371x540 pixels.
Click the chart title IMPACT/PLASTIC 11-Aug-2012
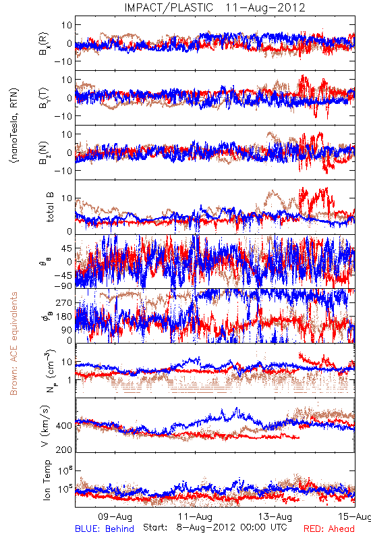click(215, 7)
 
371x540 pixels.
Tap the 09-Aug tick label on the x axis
click(115, 516)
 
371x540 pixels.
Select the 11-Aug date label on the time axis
click(195, 516)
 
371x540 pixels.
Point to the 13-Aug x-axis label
click(275, 516)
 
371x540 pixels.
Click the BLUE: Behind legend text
click(105, 529)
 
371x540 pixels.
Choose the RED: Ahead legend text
click(329, 529)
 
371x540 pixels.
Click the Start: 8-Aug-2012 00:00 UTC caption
click(215, 527)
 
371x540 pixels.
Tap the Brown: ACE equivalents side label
click(13, 344)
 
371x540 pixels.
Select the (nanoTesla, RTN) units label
click(14, 126)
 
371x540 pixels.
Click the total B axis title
click(50, 207)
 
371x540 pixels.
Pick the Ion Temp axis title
click(47, 480)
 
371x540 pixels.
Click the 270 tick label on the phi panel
click(64, 302)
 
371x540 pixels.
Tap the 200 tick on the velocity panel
click(64, 450)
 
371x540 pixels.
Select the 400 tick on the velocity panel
click(64, 426)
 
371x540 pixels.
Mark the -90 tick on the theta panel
click(63, 286)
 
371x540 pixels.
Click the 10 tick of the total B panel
click(67, 198)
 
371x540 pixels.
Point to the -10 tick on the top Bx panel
click(63, 61)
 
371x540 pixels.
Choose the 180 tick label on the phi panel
click(64, 317)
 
